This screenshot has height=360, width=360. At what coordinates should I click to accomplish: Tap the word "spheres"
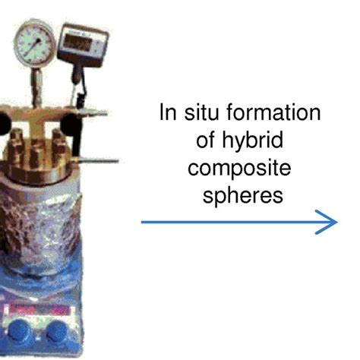pos(242,195)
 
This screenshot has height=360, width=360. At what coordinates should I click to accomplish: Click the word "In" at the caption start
pos(168,114)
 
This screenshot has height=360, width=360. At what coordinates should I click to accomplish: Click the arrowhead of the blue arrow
pos(330,222)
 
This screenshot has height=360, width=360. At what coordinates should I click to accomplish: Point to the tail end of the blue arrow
pos(144,222)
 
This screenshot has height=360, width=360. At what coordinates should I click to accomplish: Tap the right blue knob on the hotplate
pos(57,331)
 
